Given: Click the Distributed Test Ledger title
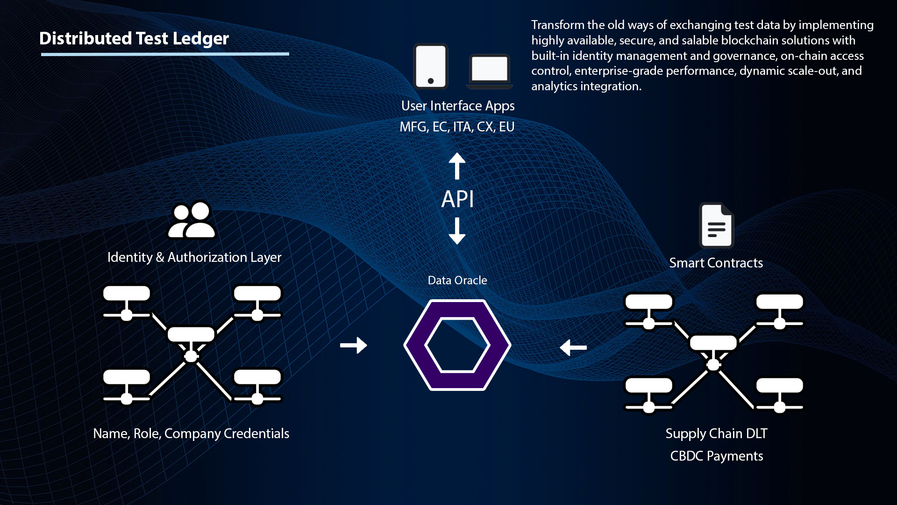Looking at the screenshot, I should tap(134, 38).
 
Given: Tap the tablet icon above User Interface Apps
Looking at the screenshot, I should tap(431, 66).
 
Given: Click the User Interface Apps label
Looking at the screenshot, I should tap(458, 106).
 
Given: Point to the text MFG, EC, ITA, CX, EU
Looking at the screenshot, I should tap(457, 127).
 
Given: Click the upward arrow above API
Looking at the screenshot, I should tap(457, 166).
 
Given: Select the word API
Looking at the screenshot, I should tap(457, 199).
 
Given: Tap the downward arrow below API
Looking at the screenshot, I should tap(457, 231).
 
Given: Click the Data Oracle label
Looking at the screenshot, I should tap(457, 280).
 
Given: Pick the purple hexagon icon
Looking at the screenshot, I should tap(457, 345).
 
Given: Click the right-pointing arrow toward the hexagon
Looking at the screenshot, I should tap(354, 346).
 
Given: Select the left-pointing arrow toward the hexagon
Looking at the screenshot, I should tap(573, 347).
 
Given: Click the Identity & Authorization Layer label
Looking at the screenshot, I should tap(194, 257).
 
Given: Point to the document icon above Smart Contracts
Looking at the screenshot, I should tap(716, 225).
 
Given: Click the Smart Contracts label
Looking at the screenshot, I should tap(716, 263).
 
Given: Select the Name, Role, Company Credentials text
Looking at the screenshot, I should tap(191, 433).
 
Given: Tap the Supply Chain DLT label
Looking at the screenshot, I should tap(716, 433).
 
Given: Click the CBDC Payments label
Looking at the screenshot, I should tap(716, 456).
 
